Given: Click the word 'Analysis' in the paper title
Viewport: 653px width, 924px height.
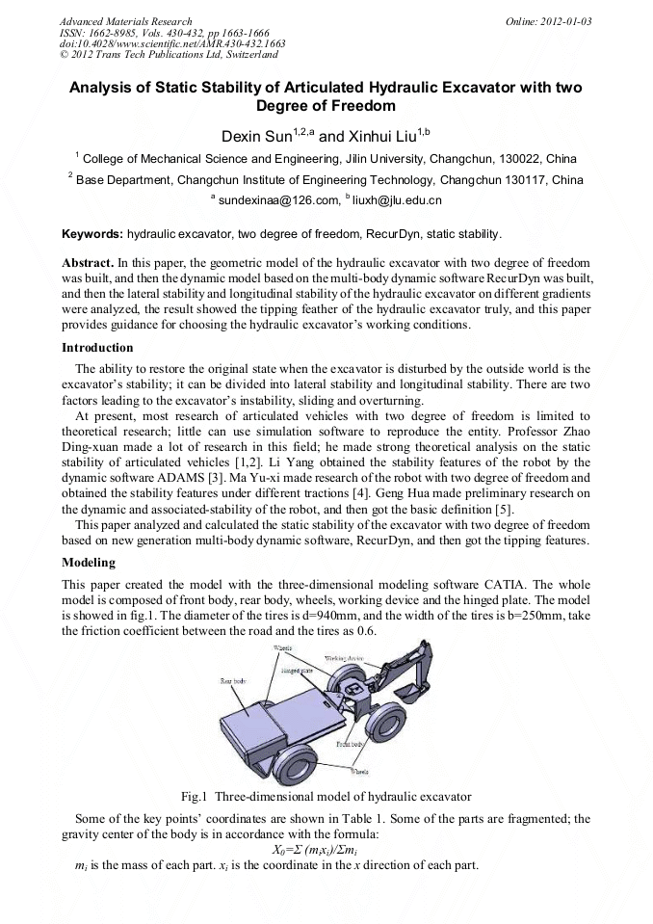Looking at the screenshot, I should point(102,88).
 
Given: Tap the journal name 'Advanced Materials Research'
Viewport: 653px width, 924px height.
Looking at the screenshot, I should point(125,20).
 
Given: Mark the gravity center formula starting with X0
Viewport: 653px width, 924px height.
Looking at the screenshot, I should point(326,848).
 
